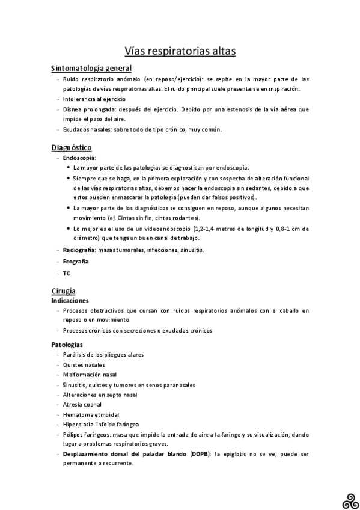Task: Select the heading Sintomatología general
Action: click(91, 69)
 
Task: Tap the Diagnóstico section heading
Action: click(71, 147)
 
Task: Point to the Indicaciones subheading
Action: click(70, 300)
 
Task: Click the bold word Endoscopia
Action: click(79, 158)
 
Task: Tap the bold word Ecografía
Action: click(76, 262)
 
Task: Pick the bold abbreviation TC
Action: click(66, 273)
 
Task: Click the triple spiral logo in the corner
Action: click(349, 498)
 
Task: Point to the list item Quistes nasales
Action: click(84, 364)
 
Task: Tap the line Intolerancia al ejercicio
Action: click(94, 99)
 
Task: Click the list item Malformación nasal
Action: click(90, 375)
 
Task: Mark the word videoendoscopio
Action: click(163, 228)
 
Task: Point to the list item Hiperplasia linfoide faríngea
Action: click(101, 424)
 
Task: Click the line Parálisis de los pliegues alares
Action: click(103, 355)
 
